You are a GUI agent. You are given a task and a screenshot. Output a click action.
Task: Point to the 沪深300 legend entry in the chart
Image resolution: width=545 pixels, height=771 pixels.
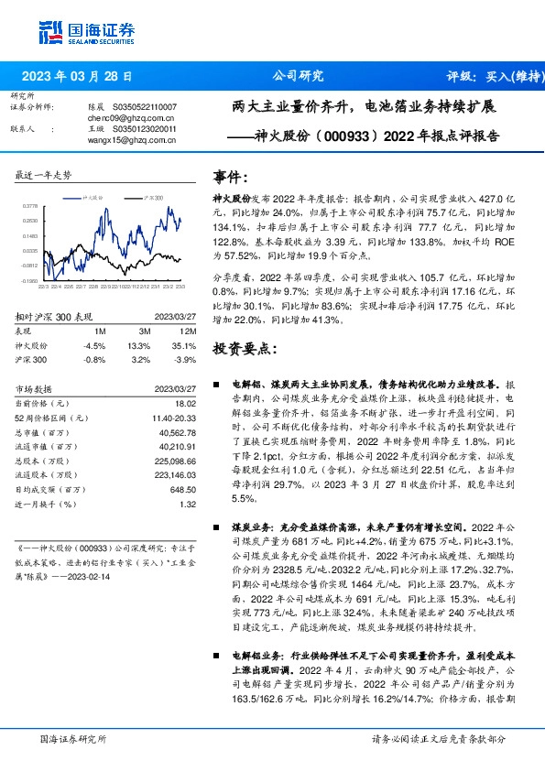[x=153, y=197]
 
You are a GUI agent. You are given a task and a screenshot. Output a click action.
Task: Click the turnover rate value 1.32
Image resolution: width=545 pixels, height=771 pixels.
[x=189, y=504]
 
